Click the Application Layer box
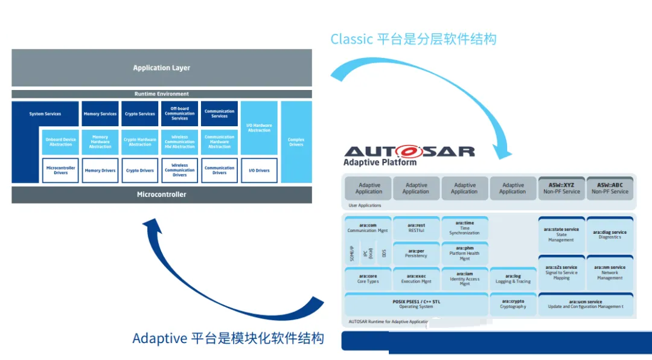click(162, 68)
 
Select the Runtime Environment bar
click(162, 94)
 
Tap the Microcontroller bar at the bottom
click(162, 194)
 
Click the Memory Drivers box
click(100, 171)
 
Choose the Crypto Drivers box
click(140, 171)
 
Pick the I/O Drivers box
click(259, 171)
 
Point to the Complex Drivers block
click(296, 142)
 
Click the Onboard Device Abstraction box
click(61, 142)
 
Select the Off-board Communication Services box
click(180, 114)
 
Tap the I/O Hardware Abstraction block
click(259, 128)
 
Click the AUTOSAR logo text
click(409, 151)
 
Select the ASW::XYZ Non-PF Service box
click(561, 188)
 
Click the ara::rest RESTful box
click(416, 228)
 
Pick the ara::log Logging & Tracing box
click(513, 278)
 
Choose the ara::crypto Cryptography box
click(513, 304)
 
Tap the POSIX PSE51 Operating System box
click(417, 304)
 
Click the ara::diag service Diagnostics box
click(610, 234)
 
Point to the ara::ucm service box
click(586, 304)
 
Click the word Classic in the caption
click(351, 39)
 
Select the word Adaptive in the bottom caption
click(159, 338)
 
